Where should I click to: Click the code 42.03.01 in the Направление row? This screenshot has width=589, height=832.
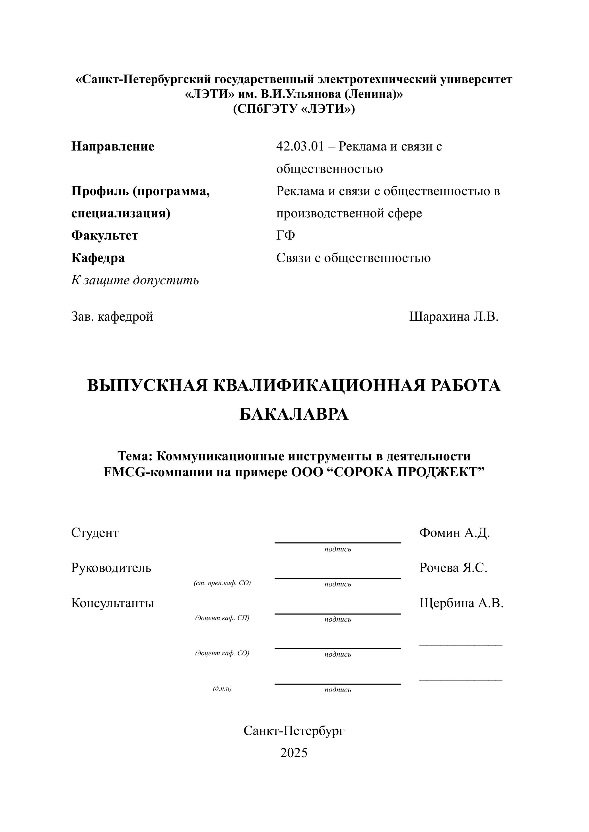pyautogui.click(x=300, y=147)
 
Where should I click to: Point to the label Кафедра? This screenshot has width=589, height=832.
pyautogui.click(x=98, y=258)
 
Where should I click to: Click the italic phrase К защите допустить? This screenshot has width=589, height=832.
pyautogui.click(x=135, y=280)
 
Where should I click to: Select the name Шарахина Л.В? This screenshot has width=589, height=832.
pyautogui.click(x=454, y=317)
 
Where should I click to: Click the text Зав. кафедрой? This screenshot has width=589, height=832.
pyautogui.click(x=112, y=317)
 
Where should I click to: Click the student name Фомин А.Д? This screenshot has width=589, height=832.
pyautogui.click(x=454, y=533)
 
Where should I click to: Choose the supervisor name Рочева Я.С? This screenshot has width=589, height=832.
pyautogui.click(x=453, y=568)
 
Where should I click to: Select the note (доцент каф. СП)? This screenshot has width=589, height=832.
pyautogui.click(x=222, y=618)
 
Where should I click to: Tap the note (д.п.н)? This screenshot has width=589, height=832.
pyautogui.click(x=222, y=688)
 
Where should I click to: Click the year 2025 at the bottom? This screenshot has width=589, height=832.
pyautogui.click(x=294, y=753)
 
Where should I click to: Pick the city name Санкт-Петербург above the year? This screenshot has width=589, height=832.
pyautogui.click(x=294, y=731)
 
